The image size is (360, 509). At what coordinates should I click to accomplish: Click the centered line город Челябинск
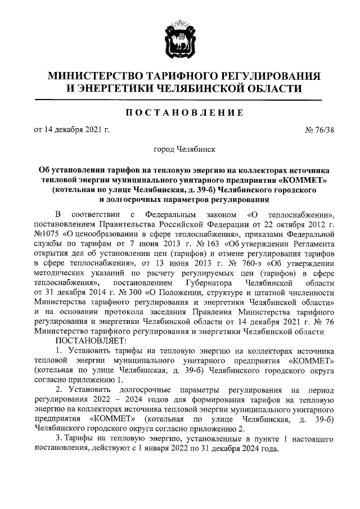point(180,150)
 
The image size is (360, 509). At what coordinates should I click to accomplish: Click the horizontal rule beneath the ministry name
point(179,100)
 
